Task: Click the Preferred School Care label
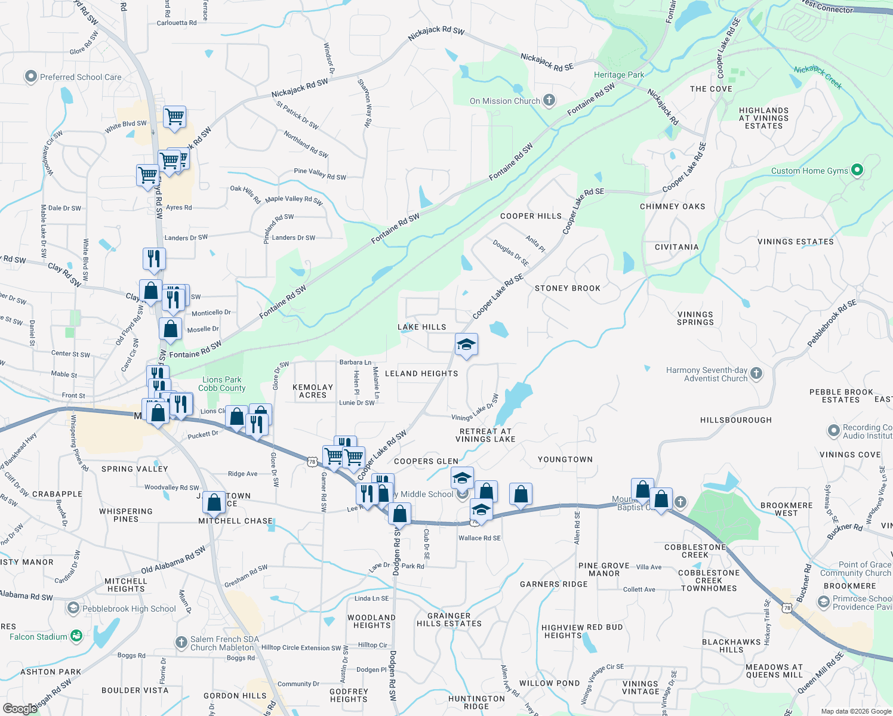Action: coord(80,77)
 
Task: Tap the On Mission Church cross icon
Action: coord(549,100)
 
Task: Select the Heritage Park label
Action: coord(619,75)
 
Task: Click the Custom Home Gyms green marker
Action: coord(857,170)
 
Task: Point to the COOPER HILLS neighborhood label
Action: coord(531,216)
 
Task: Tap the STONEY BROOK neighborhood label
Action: coord(567,288)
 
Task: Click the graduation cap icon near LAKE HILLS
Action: coord(466,344)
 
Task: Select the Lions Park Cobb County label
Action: coord(221,384)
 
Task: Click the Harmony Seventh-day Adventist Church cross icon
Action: coord(756,374)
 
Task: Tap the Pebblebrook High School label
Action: coord(129,609)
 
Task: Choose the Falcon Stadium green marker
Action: coord(76,636)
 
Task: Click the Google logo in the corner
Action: coord(20,708)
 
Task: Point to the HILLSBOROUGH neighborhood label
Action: coord(735,420)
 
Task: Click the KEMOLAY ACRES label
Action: coord(313,391)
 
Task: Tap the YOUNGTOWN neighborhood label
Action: coord(565,459)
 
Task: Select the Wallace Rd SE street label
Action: coord(479,538)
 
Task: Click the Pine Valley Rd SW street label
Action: coord(320,174)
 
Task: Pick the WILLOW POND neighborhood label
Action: coord(549,683)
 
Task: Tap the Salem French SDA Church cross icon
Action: coord(181,643)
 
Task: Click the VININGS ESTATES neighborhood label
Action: coord(795,242)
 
